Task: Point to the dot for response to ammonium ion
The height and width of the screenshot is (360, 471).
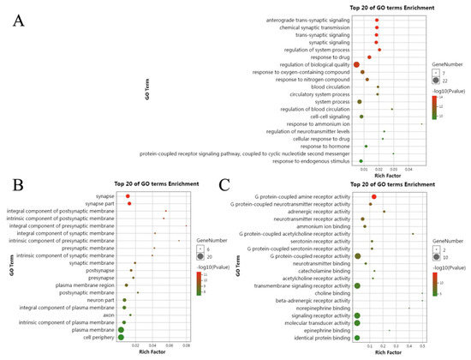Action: tap(421, 123)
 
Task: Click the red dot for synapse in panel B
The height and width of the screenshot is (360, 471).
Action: tap(128, 195)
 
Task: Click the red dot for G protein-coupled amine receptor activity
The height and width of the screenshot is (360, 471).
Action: tap(373, 196)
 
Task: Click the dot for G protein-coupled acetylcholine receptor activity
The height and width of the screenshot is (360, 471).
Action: tap(413, 233)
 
